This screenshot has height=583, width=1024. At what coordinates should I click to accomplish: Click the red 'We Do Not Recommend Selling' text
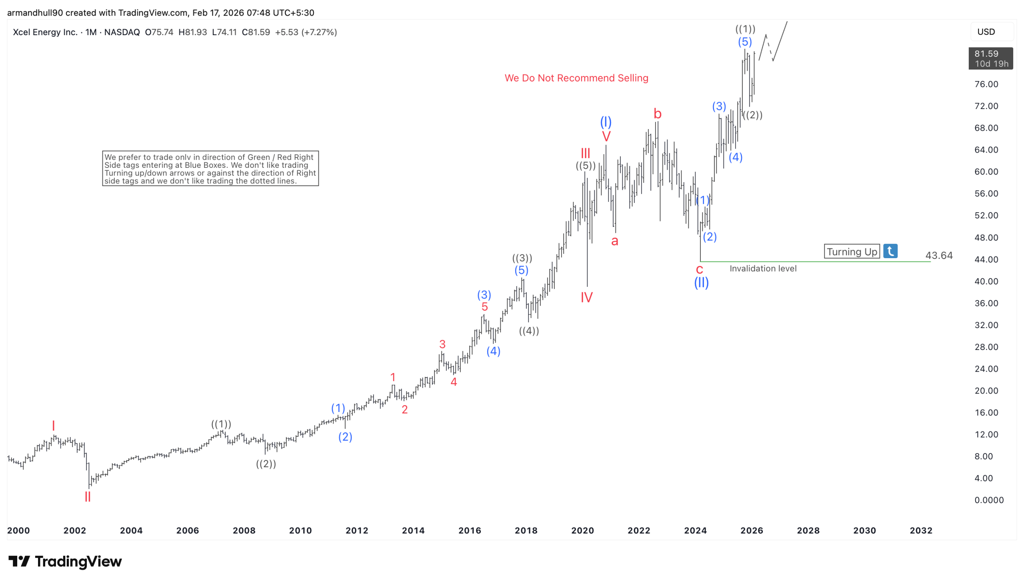point(576,78)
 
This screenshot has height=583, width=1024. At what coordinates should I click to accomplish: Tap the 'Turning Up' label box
point(851,251)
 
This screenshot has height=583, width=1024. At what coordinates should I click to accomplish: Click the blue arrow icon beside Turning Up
point(890,251)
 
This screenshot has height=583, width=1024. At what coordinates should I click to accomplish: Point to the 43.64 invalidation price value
point(939,255)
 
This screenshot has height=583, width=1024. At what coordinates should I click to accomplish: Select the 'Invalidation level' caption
point(763,269)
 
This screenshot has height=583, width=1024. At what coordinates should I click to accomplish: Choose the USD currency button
point(986,32)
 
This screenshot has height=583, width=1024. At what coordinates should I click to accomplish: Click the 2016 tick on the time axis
point(469,531)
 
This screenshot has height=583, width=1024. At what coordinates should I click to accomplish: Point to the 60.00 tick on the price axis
point(986,172)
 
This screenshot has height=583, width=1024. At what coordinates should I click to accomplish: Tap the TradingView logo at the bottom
point(65,561)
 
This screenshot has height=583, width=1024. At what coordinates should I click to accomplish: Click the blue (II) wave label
point(701,283)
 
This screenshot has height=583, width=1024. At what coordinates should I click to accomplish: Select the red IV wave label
point(586,298)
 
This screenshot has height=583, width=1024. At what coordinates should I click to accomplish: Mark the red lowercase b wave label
point(657,114)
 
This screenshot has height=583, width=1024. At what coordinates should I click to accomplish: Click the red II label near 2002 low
point(87,497)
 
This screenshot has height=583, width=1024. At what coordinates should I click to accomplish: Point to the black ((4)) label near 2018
point(529,331)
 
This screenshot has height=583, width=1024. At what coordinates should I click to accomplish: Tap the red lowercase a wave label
point(614,241)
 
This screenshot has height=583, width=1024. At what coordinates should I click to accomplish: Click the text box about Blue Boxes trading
point(210,169)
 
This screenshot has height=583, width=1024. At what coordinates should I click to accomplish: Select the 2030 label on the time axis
point(864,531)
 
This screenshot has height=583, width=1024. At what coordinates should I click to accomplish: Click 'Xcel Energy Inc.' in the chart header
point(45,32)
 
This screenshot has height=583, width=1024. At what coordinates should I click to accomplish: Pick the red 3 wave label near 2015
point(442,344)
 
